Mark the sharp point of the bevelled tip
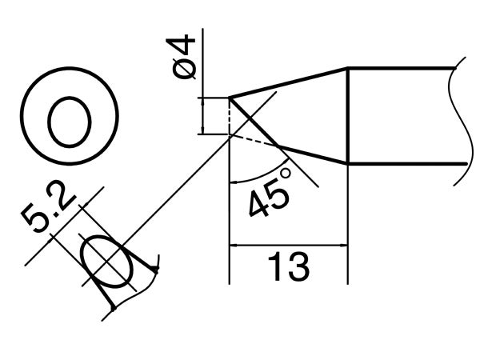(x=230, y=98)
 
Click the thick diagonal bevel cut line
(x=254, y=122)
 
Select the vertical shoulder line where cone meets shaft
(x=348, y=116)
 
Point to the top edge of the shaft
(x=404, y=69)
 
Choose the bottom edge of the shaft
(x=404, y=163)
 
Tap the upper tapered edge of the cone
(x=288, y=83)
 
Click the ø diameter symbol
(x=186, y=70)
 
